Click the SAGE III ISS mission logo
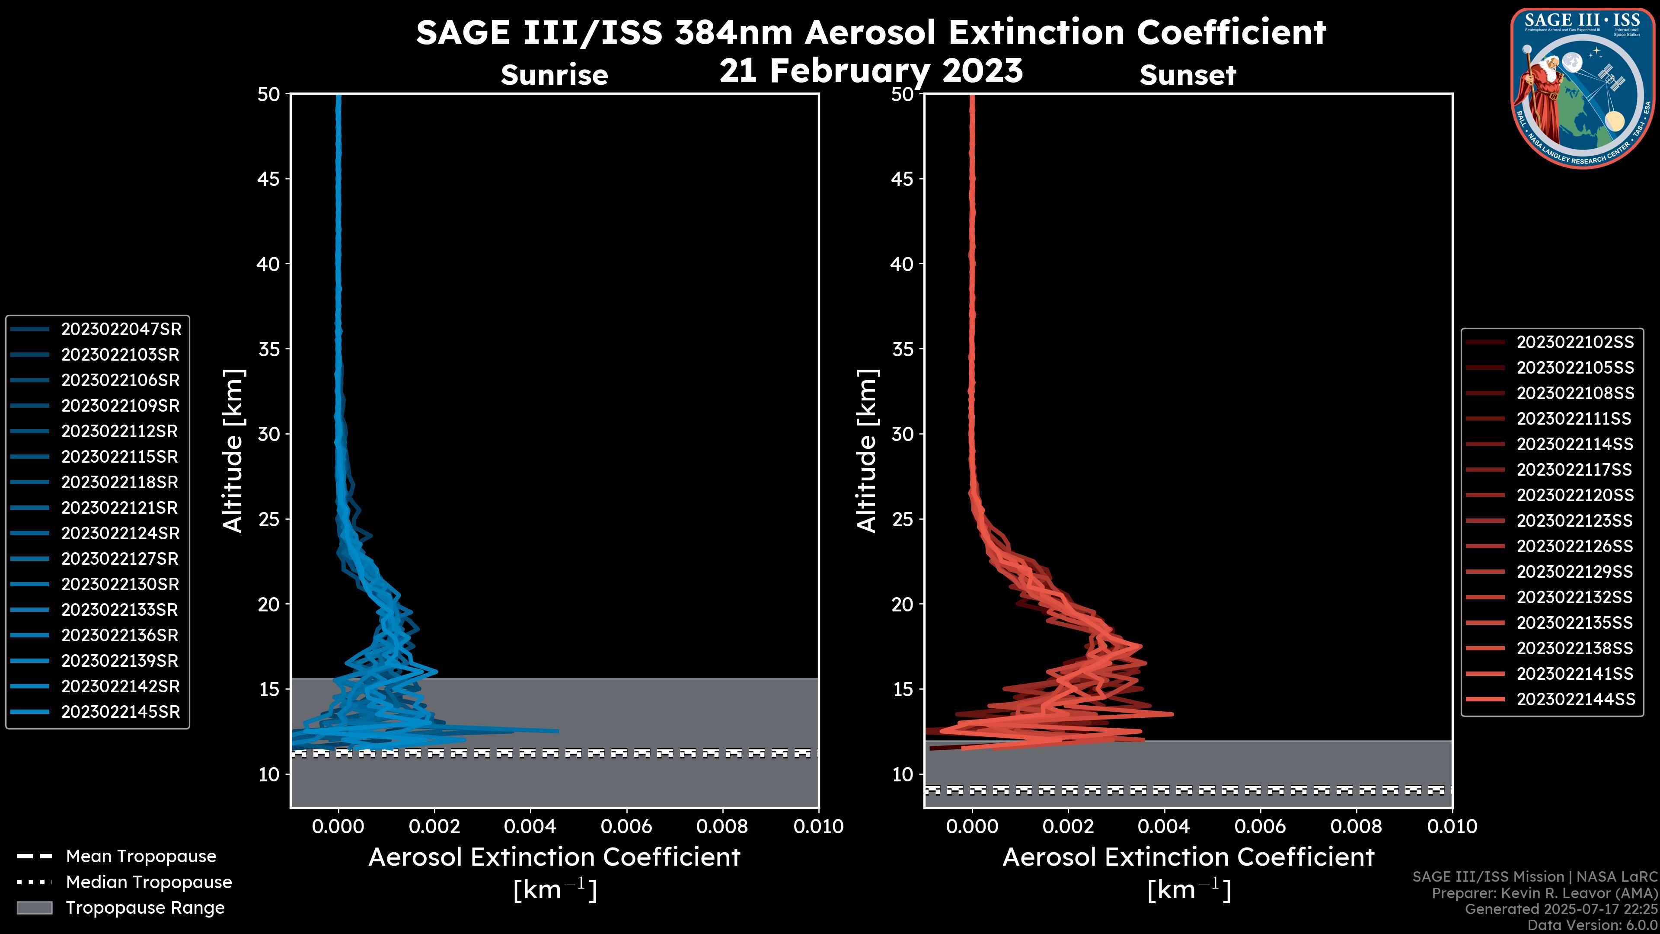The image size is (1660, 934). pyautogui.click(x=1583, y=88)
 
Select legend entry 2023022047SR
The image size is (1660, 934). pyautogui.click(x=121, y=329)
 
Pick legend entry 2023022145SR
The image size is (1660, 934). pyautogui.click(x=121, y=712)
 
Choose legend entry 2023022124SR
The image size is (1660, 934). pyautogui.click(x=121, y=534)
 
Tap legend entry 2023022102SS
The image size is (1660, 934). pyautogui.click(x=1575, y=342)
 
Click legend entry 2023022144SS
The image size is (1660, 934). pyautogui.click(x=1575, y=699)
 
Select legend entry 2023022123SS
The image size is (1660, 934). pyautogui.click(x=1575, y=521)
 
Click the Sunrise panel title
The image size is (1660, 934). pyautogui.click(x=554, y=75)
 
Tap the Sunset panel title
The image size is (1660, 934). pyautogui.click(x=1188, y=75)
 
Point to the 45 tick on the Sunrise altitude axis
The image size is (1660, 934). pyautogui.click(x=269, y=179)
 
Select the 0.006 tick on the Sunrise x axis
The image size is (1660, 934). pyautogui.click(x=626, y=826)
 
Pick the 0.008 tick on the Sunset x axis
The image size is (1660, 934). pyautogui.click(x=1357, y=826)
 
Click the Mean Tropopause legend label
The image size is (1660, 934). pyautogui.click(x=141, y=857)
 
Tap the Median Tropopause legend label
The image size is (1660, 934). pyautogui.click(x=149, y=883)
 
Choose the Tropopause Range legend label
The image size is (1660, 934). pyautogui.click(x=145, y=908)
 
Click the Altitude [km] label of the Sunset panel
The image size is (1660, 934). pyautogui.click(x=867, y=451)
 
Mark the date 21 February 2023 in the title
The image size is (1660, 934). pyautogui.click(x=871, y=71)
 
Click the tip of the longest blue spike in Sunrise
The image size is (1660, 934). pyautogui.click(x=558, y=731)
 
